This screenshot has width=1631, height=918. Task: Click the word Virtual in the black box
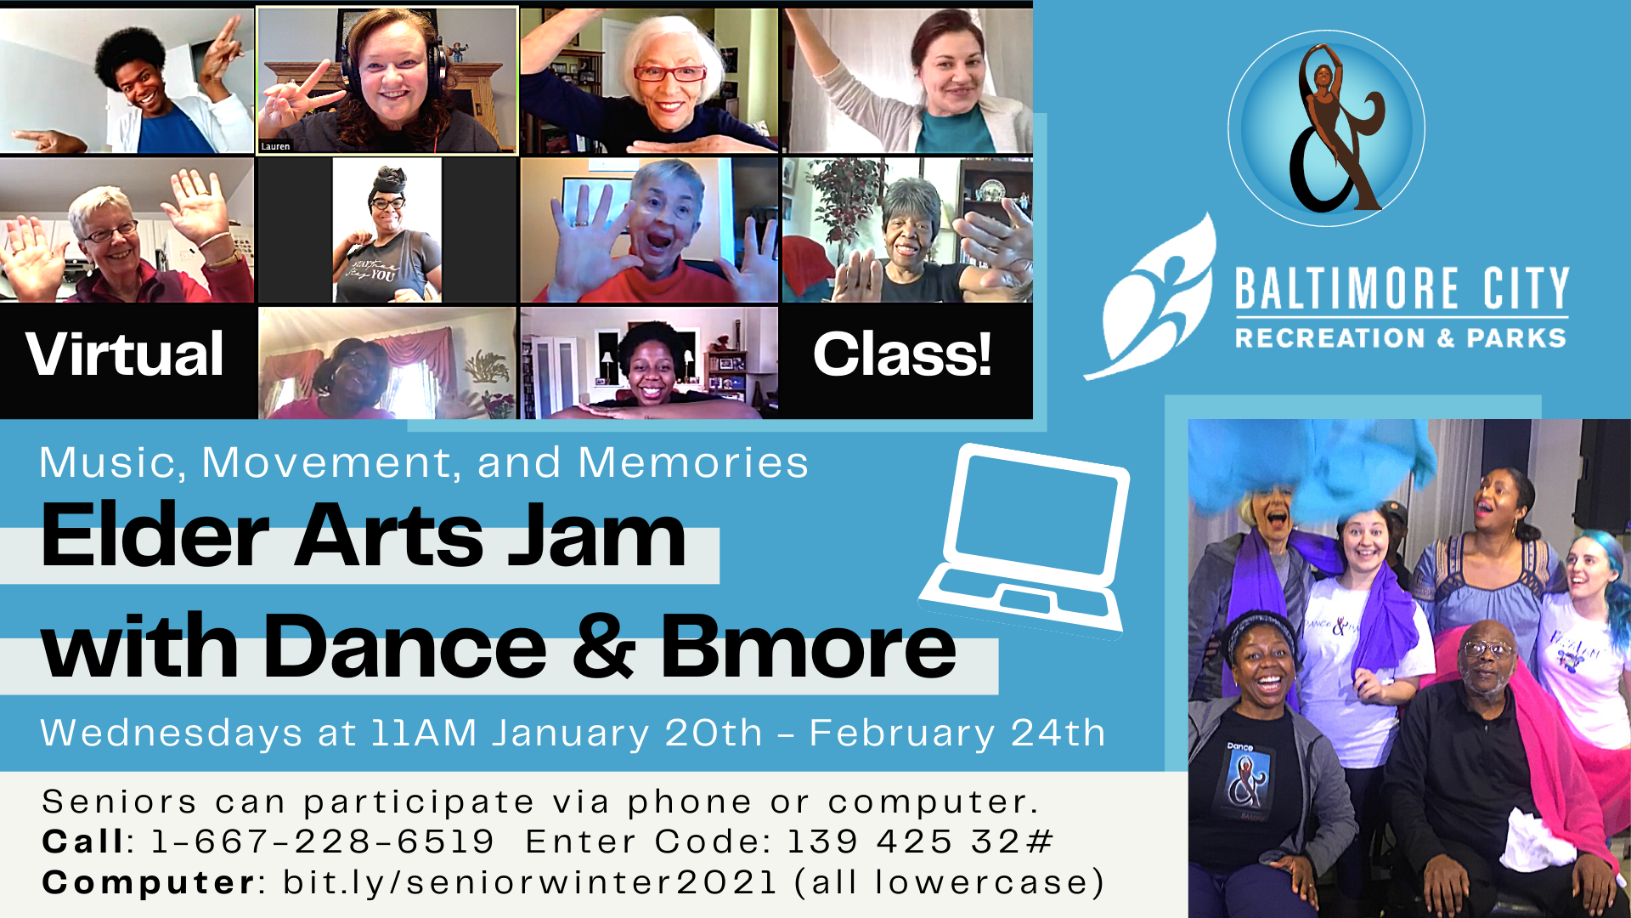[125, 354]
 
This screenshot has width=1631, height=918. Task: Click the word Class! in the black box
[902, 354]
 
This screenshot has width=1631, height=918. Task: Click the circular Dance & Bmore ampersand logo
[1326, 128]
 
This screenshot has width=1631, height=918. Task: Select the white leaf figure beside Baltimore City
[1151, 297]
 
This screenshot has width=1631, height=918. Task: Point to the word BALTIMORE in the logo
[1346, 289]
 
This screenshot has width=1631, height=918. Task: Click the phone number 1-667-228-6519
[323, 841]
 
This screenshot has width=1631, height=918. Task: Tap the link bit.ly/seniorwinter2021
[530, 882]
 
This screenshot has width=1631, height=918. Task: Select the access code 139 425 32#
[921, 841]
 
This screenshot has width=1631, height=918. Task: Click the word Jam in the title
[597, 535]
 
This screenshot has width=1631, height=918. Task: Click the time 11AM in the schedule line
[424, 733]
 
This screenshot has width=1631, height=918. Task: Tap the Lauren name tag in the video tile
[275, 146]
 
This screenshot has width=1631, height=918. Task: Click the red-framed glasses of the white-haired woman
[669, 74]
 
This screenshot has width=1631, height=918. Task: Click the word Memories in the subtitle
[693, 463]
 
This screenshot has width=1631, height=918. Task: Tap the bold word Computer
[149, 883]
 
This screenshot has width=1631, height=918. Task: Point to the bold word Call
[83, 841]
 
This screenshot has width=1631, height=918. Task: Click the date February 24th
[957, 733]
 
